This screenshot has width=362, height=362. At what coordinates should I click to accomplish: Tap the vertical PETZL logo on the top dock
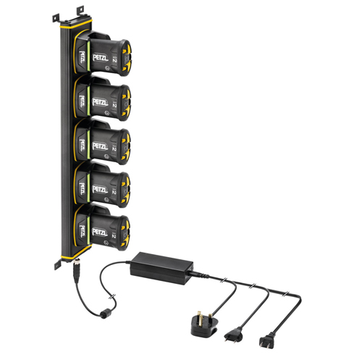coord(82,54)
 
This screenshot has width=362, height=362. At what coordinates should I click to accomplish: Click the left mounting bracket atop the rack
coord(59,12)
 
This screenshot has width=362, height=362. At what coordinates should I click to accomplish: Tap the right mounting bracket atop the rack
coord(78,9)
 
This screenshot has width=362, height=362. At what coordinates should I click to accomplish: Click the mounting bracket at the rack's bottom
coord(56,264)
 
